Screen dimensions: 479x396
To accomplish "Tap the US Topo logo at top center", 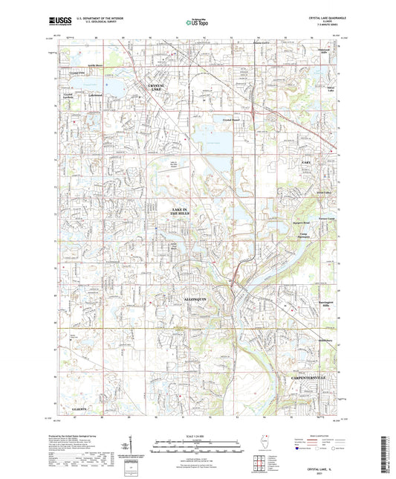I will [197, 23].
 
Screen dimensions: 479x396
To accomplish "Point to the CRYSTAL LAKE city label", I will [159, 88].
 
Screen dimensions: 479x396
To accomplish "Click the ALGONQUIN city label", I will [184, 297].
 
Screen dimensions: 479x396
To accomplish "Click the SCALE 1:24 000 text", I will [197, 435].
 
